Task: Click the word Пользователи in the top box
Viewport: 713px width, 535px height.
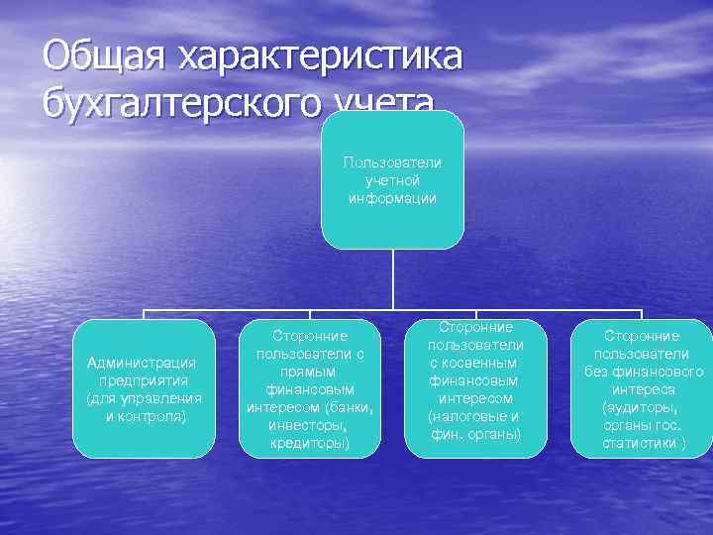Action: pos(392,161)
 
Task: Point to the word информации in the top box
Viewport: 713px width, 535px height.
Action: pos(392,197)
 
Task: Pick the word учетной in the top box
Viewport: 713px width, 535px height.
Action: pos(392,179)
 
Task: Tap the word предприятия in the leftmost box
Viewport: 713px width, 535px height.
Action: pos(144,380)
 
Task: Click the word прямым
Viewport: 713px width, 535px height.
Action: pos(311,372)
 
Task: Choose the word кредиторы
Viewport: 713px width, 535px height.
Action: pos(310,443)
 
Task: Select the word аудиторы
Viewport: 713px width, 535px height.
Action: pos(642,407)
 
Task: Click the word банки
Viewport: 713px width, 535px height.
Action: pos(350,407)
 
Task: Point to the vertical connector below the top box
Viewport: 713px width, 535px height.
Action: pos(393,278)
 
